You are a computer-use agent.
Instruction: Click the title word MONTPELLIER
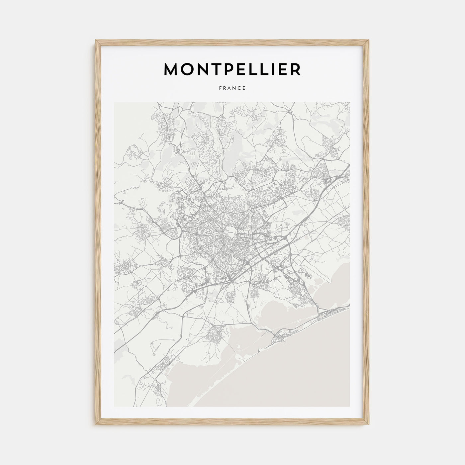(x=232, y=69)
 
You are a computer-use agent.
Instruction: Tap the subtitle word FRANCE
(x=232, y=88)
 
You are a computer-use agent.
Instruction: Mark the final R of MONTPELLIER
(x=295, y=69)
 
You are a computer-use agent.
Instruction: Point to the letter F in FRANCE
(x=220, y=88)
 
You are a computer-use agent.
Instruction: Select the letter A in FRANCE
(x=230, y=88)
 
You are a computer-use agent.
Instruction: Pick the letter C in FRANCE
(x=239, y=88)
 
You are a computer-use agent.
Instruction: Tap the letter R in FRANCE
(x=225, y=88)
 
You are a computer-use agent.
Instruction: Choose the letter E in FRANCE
(x=244, y=88)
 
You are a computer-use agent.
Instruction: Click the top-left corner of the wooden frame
(x=96, y=41)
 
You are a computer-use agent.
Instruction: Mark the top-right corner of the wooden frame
(x=369, y=41)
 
